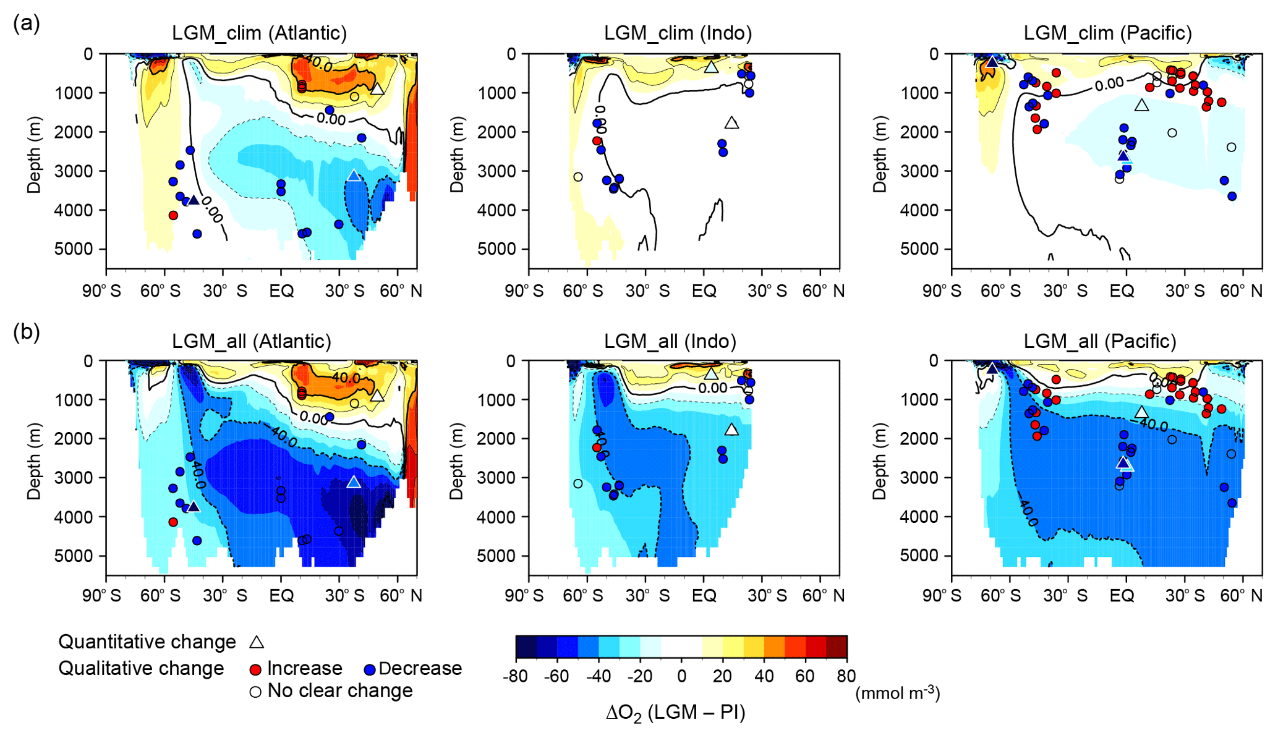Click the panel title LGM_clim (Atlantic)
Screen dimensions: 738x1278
[x=259, y=33]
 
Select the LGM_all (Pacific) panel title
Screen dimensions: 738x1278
[x=1099, y=341]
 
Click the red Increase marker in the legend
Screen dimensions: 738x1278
[x=255, y=669]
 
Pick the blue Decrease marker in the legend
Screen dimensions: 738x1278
[x=370, y=669]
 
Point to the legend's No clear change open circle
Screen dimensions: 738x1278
[x=255, y=692]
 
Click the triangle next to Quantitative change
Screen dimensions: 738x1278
[x=257, y=642]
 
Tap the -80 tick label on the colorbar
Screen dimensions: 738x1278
[x=516, y=676]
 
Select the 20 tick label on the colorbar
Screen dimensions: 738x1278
[x=722, y=676]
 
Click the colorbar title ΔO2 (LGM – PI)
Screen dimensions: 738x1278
[x=675, y=713]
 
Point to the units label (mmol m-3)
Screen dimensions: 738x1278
[x=897, y=693]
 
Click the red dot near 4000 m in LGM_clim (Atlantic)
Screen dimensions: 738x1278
[x=173, y=215]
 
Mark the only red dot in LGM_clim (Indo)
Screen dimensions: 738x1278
[x=597, y=141]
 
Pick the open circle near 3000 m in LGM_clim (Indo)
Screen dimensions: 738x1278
[x=578, y=177]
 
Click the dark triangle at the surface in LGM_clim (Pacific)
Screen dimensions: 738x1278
[x=992, y=62]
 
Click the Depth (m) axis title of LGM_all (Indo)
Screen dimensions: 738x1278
[x=456, y=461]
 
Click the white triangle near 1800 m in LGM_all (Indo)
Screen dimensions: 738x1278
[x=731, y=430]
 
